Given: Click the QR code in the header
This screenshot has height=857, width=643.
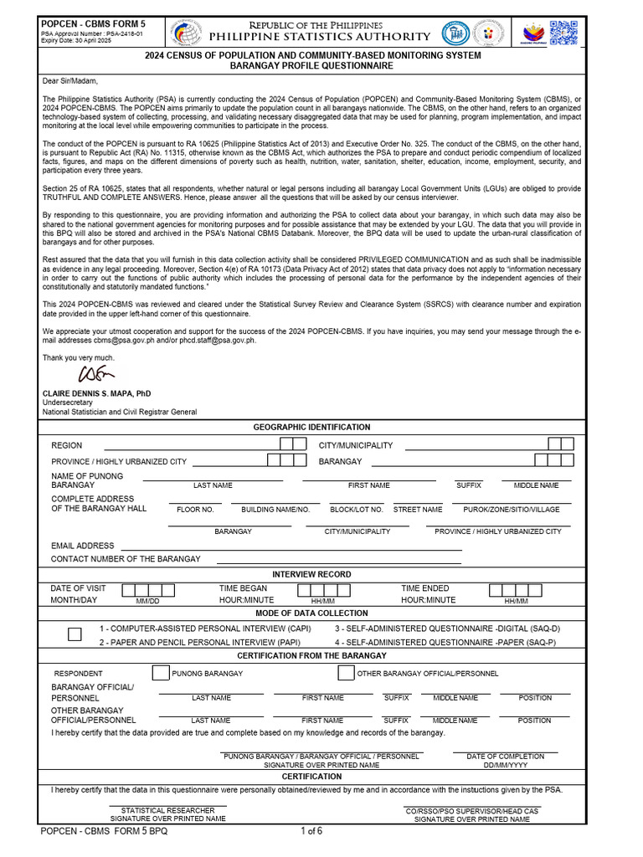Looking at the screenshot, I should click(563, 33).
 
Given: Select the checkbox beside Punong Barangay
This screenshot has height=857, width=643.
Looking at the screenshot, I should click(160, 673).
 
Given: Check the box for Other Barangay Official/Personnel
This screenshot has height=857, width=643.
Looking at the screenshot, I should click(345, 673).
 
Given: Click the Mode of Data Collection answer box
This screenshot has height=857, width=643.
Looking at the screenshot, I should click(75, 634).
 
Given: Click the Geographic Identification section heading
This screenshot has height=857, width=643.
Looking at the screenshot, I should click(311, 427).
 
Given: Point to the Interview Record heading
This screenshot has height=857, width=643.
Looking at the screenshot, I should click(311, 574).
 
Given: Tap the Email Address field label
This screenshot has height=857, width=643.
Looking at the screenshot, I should click(82, 546).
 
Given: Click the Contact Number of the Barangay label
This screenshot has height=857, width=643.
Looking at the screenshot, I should click(126, 559).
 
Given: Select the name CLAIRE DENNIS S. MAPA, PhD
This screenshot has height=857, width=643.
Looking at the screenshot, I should click(97, 393).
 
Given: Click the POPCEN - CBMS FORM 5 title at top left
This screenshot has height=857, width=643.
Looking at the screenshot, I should click(93, 24).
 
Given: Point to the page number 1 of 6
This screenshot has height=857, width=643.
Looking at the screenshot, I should click(311, 831).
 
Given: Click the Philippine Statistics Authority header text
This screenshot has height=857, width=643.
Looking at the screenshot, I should click(320, 37).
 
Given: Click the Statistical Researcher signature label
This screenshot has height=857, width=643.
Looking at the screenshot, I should click(168, 810).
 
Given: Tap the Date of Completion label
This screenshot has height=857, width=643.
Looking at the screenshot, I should click(505, 757).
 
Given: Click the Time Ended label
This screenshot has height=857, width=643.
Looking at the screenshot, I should click(424, 588).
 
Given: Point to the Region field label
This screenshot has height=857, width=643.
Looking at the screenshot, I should click(67, 445).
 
